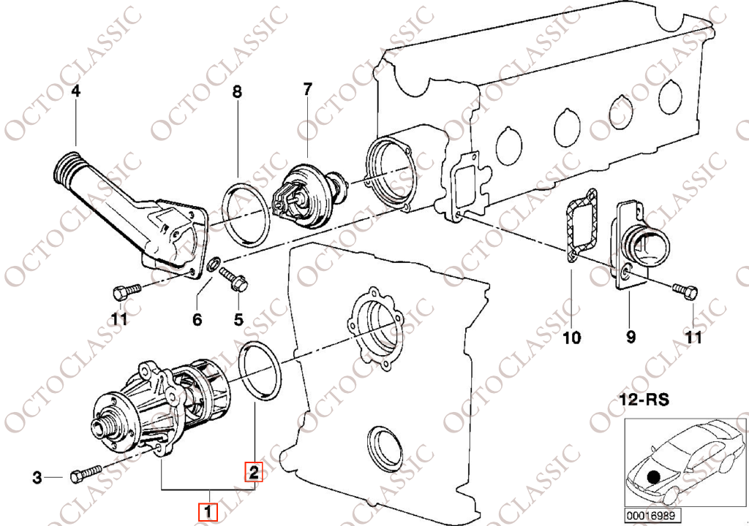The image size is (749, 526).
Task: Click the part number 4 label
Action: point(75,90)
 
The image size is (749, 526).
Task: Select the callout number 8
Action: point(238,91)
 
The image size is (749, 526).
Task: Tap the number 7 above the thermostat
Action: point(307,88)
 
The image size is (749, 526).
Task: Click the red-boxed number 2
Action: point(254,472)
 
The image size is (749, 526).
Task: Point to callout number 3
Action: point(37,477)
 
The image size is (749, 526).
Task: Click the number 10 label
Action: point(572,338)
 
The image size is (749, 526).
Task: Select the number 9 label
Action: point(631,338)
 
